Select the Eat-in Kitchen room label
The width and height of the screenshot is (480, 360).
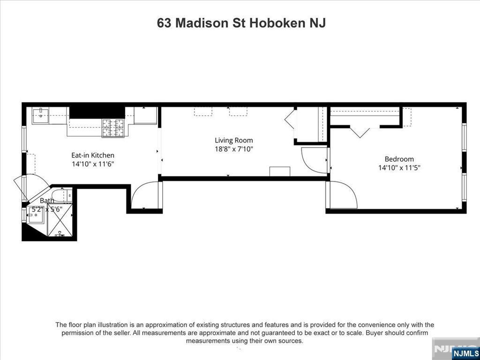tap(93, 155)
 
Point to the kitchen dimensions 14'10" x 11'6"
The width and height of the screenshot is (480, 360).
tap(93, 164)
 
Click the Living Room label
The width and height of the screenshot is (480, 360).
tap(234, 141)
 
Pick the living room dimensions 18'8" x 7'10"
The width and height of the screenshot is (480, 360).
tap(234, 150)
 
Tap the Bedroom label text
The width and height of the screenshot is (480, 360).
tap(399, 159)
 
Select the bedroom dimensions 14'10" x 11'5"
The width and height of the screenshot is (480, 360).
tap(399, 168)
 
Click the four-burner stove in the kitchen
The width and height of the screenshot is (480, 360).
tap(113, 128)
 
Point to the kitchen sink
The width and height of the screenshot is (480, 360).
tap(40, 115)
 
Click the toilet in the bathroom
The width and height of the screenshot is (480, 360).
tap(61, 195)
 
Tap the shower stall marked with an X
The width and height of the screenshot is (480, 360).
tap(60, 219)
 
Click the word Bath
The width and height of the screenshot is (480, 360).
tap(47, 201)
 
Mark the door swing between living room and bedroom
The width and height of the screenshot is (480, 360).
tap(314, 160)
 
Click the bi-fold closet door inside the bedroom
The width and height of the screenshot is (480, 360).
tap(360, 132)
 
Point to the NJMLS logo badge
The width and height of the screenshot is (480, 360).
tap(465, 353)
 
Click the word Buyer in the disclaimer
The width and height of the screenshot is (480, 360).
tap(373, 333)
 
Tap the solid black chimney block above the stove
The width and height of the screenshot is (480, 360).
tap(97, 112)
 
